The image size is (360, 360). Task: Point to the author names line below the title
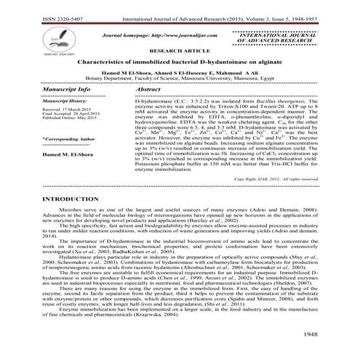click(179, 74)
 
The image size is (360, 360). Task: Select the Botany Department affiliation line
click(180, 80)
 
